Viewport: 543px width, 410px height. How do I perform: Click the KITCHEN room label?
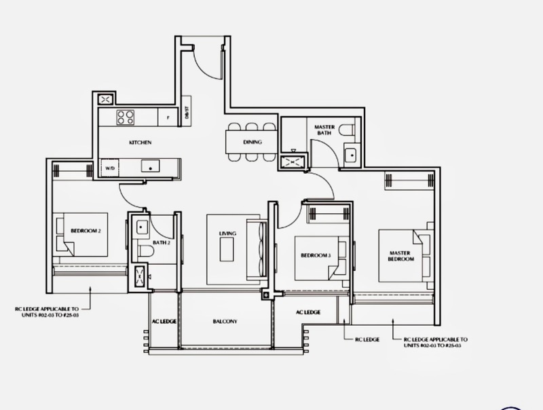click(140, 143)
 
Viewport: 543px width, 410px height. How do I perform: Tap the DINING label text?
click(252, 142)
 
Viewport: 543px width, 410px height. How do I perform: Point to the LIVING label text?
click(227, 234)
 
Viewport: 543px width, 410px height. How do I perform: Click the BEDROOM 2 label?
click(86, 231)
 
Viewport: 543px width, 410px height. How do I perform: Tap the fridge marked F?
click(167, 117)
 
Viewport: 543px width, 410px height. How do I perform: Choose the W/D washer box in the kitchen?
click(108, 166)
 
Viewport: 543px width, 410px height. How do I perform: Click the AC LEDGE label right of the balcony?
click(308, 312)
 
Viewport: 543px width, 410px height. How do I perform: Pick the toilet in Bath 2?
click(144, 252)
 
